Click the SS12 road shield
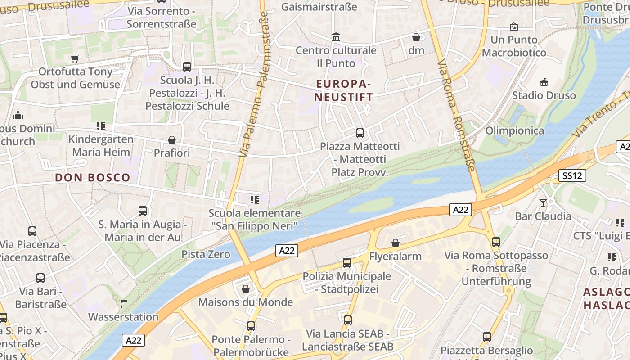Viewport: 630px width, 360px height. click(x=572, y=175)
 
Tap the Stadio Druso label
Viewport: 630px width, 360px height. click(x=544, y=95)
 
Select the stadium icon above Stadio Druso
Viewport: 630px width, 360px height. click(x=544, y=82)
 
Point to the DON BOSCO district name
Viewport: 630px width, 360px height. click(x=92, y=178)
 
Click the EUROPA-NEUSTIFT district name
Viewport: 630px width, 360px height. click(x=344, y=90)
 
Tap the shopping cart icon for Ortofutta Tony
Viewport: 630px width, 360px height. click(x=75, y=58)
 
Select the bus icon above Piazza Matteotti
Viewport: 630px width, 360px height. click(x=360, y=133)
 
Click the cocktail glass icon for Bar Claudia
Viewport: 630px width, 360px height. click(x=543, y=202)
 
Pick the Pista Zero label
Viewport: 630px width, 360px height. click(x=206, y=254)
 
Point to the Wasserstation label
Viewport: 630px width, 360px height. click(x=123, y=317)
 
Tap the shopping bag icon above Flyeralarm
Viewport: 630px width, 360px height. click(x=395, y=243)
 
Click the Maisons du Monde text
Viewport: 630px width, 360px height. click(x=245, y=302)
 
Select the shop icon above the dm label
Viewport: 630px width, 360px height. click(x=416, y=37)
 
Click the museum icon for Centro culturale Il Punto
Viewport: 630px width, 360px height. click(x=336, y=37)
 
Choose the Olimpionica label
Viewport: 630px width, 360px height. click(x=514, y=130)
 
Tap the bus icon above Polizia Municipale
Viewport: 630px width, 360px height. click(x=346, y=263)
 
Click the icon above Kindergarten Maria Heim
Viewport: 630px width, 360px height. click(x=101, y=126)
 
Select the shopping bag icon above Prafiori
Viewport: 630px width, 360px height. click(x=171, y=140)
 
